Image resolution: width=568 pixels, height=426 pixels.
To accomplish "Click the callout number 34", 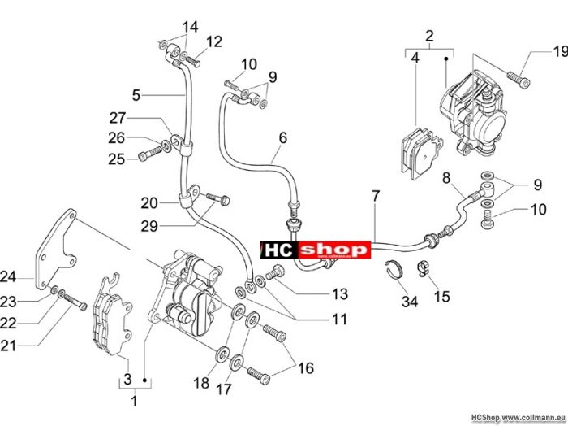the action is [x=410, y=302].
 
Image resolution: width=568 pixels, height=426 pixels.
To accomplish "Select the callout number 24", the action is [x=8, y=277].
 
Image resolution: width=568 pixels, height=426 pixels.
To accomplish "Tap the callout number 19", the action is [x=560, y=52].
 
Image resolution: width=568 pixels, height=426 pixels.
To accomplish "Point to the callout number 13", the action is [x=340, y=294].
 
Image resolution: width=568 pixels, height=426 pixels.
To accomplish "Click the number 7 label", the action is [x=376, y=196].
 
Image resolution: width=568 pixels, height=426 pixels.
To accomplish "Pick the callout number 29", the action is [x=149, y=227].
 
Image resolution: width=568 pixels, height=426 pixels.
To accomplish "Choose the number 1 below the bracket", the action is [x=135, y=402].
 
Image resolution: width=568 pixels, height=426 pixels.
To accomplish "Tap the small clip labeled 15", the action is [x=423, y=268].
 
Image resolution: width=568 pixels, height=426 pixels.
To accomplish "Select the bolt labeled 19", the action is [x=519, y=79].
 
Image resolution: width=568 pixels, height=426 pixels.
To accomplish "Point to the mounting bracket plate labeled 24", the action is [x=55, y=250].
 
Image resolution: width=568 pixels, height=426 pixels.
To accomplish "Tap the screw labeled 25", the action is [x=150, y=153].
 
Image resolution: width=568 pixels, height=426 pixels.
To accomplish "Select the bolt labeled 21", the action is [x=75, y=302].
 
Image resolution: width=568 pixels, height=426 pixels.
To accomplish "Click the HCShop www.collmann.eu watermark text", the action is [x=519, y=417].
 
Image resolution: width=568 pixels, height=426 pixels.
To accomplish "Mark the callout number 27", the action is [x=118, y=119].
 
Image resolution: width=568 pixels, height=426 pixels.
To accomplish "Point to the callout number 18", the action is [x=201, y=382].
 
